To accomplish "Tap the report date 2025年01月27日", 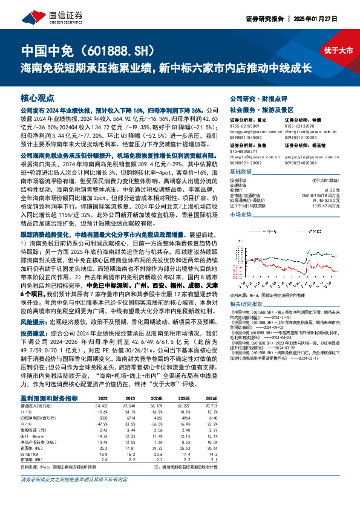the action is [328, 19].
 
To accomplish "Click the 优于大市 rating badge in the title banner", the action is [338, 51].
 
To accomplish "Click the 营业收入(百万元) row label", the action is [35, 406].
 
